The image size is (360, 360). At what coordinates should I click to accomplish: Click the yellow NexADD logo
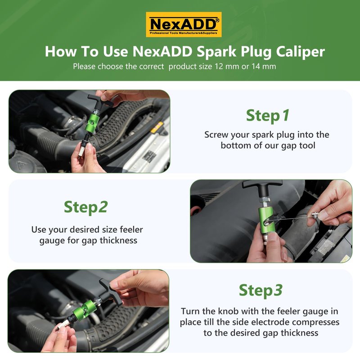[184, 25]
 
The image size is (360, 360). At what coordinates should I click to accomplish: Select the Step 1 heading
[267, 116]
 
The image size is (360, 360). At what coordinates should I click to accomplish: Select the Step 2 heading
[85, 207]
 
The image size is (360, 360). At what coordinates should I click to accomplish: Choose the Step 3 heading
[261, 290]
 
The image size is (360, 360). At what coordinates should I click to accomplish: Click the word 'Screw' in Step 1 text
[216, 135]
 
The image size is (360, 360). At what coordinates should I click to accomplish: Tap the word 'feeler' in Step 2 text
[131, 229]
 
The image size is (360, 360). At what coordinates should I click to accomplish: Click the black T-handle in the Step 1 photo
[100, 101]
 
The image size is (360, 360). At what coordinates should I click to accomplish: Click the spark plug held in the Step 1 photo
[83, 145]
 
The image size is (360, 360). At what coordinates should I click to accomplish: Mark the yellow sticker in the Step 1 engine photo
[157, 127]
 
